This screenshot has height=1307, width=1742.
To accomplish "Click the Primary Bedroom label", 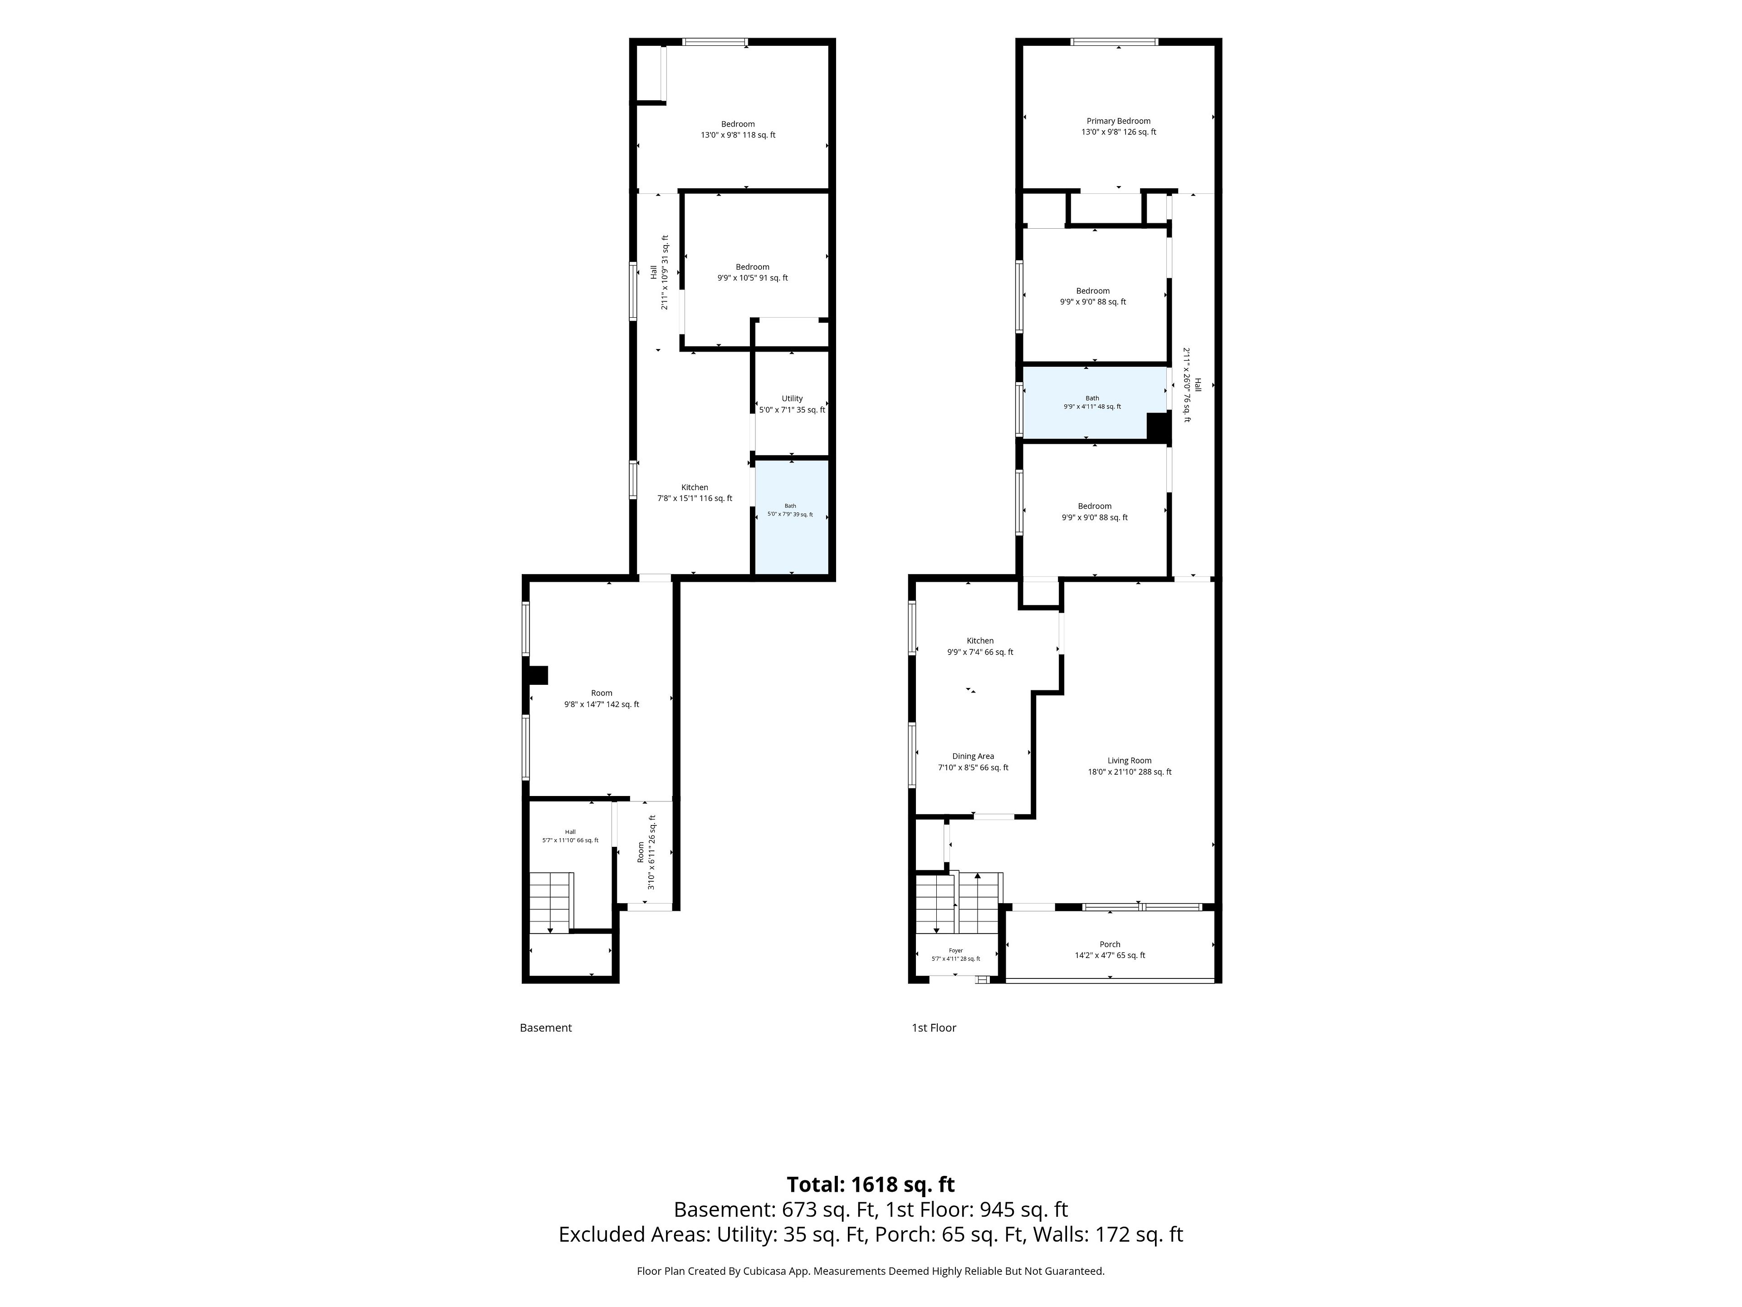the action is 1118,121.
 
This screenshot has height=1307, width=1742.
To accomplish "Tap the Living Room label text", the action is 1129,761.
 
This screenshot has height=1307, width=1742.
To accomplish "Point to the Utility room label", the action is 792,398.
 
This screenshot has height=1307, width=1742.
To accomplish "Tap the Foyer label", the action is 955,951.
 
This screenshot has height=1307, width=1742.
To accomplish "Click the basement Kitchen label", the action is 695,488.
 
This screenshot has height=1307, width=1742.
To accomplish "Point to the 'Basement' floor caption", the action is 546,1028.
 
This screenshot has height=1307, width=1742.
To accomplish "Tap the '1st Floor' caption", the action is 934,1028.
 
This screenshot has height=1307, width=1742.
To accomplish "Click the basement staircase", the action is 550,902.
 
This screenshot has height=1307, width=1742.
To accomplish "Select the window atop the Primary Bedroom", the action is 1114,42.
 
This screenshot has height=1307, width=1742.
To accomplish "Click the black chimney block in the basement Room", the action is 538,675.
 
